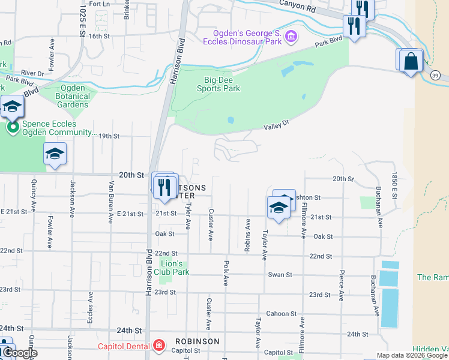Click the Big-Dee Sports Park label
tap(218, 83)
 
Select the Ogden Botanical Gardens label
tap(73, 96)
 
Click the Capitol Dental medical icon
tap(158, 346)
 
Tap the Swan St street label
tap(280, 275)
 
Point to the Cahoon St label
tap(282, 314)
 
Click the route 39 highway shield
tap(435, 74)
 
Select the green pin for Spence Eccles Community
tap(12, 127)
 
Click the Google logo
tap(19, 353)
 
